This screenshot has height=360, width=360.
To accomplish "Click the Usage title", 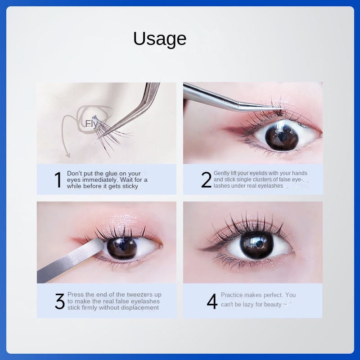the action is (x=160, y=39).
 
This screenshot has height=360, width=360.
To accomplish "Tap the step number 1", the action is (x=58, y=180).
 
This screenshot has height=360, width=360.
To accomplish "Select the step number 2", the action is (x=206, y=180).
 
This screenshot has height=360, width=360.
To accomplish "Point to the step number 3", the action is (x=60, y=301).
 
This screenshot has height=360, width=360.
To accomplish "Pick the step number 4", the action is (x=212, y=301).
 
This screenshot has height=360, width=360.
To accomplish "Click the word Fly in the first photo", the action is (x=91, y=124).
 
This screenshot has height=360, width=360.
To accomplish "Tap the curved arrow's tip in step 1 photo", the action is (x=68, y=157).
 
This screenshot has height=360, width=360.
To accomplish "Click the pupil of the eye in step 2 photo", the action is (x=282, y=137).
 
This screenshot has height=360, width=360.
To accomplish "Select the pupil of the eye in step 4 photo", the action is (x=256, y=245).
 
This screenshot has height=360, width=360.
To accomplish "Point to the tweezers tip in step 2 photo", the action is (x=282, y=108).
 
